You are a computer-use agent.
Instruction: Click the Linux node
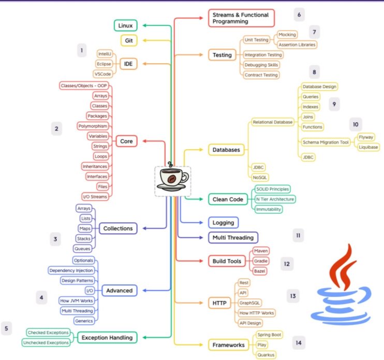(x=126, y=25)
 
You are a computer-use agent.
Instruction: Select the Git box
(x=128, y=40)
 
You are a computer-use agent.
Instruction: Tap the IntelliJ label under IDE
(x=105, y=53)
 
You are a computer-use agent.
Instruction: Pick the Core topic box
(x=126, y=141)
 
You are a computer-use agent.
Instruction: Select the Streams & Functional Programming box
(x=241, y=18)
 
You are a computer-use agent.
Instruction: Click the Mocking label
(x=287, y=35)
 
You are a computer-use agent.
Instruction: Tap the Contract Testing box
(x=261, y=75)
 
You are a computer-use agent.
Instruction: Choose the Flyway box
(x=368, y=137)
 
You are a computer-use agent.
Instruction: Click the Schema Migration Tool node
(x=326, y=142)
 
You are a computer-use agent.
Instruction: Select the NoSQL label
(x=260, y=178)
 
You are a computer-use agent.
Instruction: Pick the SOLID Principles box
(x=272, y=189)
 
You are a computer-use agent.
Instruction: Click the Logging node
(x=224, y=222)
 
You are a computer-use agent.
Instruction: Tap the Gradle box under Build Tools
(x=261, y=261)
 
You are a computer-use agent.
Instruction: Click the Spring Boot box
(x=269, y=335)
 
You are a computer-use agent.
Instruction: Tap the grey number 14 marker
(x=298, y=342)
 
